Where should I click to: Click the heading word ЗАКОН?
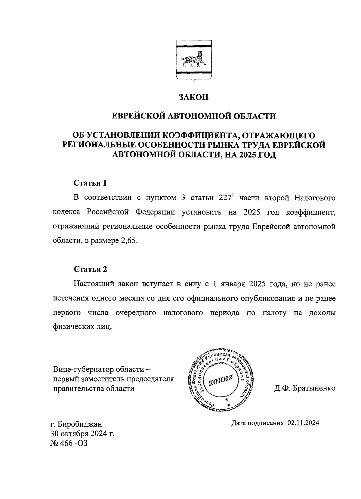pyautogui.click(x=193, y=97)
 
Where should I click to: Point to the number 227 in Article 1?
pyautogui.click(x=223, y=198)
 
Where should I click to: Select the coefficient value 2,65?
pyautogui.click(x=129, y=242)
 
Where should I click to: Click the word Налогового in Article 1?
pyautogui.click(x=314, y=198)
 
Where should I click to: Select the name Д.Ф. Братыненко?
pyautogui.click(x=304, y=388)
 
